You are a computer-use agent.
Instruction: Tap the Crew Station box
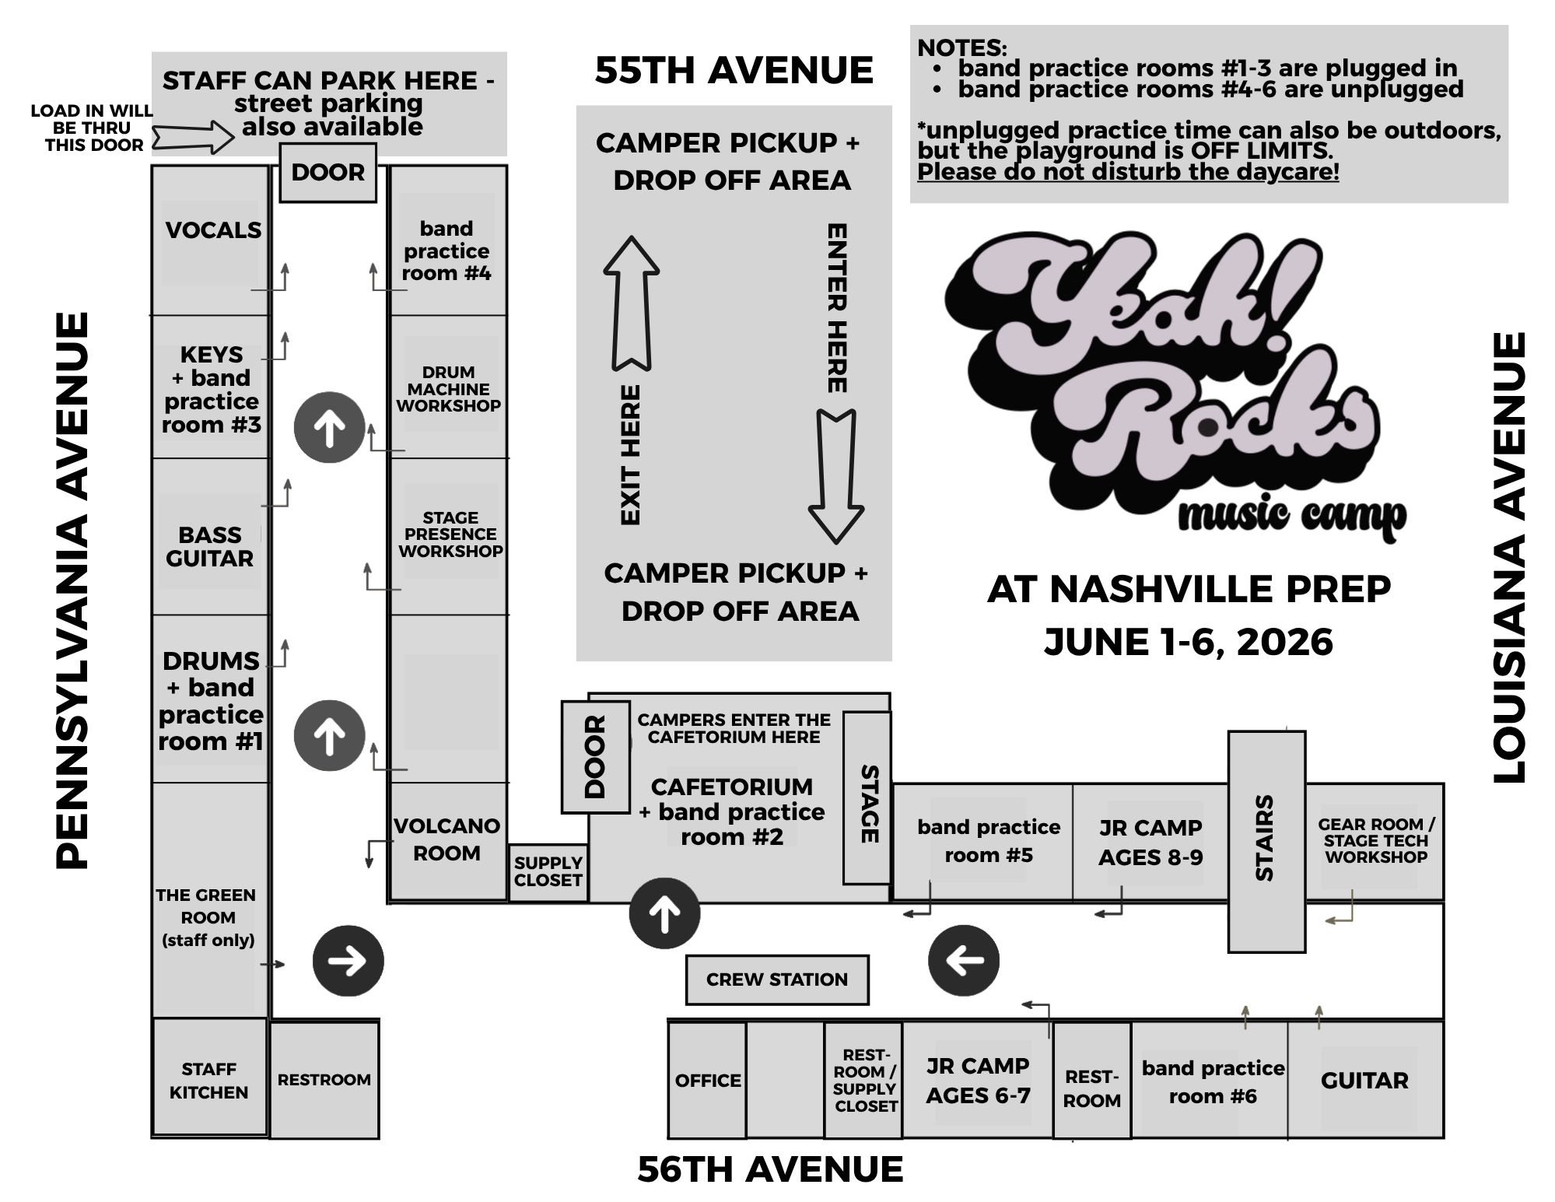click(x=776, y=979)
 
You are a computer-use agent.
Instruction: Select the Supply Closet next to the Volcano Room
click(x=548, y=872)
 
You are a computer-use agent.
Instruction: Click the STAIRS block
click(x=1266, y=840)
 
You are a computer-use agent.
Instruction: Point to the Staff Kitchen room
click(x=209, y=1080)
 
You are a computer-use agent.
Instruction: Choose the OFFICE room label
click(x=707, y=1080)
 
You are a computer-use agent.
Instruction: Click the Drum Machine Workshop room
click(x=449, y=388)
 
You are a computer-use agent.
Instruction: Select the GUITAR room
click(x=1364, y=1080)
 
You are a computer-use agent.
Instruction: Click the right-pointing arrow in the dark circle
click(x=348, y=961)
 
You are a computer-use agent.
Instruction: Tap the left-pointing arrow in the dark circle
click(x=964, y=961)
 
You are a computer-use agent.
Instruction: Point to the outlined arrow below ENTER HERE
click(x=836, y=475)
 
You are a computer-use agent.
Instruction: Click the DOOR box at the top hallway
click(x=327, y=173)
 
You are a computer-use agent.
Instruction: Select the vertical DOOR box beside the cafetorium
click(x=595, y=757)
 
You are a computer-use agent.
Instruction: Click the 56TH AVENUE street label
click(x=770, y=1169)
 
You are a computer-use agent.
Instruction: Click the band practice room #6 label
click(x=1212, y=1081)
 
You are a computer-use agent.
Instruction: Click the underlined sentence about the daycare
click(x=1128, y=172)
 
